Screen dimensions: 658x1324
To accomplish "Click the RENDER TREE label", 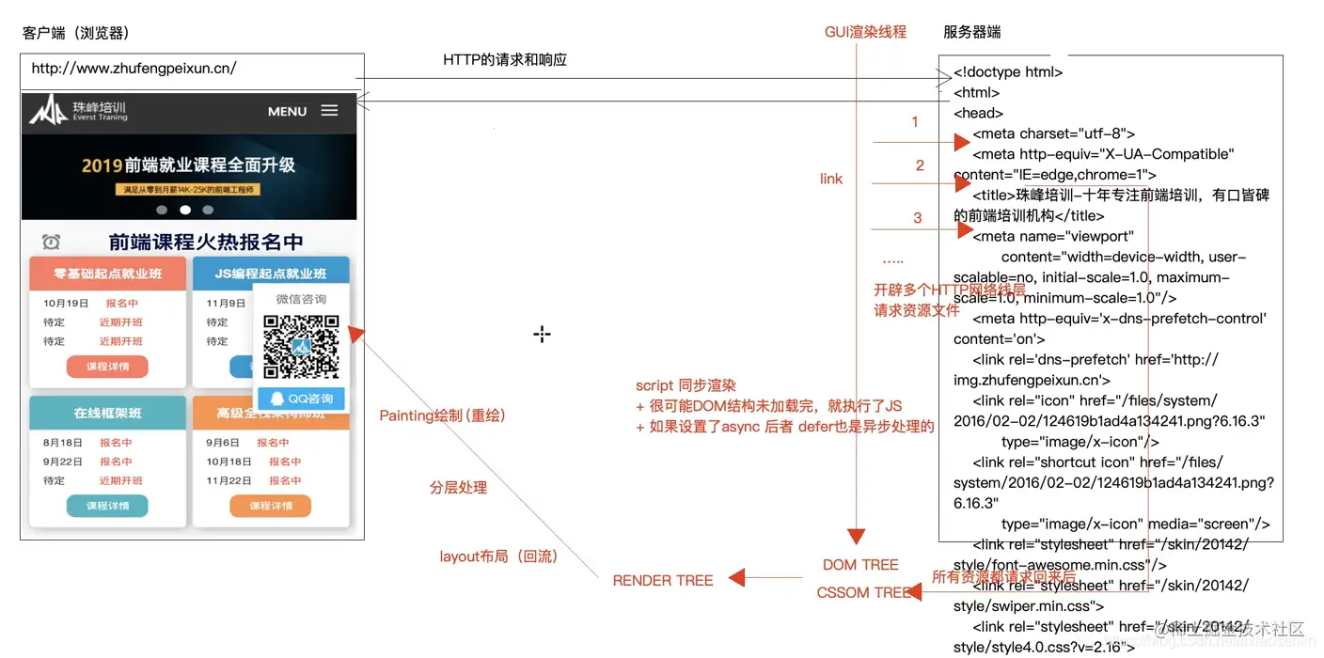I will pos(662,581).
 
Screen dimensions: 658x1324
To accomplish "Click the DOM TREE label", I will pos(859,565).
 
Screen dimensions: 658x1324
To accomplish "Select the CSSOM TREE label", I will pos(863,592).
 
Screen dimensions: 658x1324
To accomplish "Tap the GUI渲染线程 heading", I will pos(865,32).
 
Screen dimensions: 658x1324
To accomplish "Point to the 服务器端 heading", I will pos(971,32).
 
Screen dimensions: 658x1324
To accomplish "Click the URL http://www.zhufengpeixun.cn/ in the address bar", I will pos(134,69).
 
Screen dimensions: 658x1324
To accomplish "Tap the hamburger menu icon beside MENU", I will pos(329,111).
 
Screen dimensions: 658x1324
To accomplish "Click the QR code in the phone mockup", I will pos(301,347).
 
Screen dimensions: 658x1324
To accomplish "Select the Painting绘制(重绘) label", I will pos(442,415).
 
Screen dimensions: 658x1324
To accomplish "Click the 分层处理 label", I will pos(458,488).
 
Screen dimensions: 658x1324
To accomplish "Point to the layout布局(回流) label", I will pos(498,556).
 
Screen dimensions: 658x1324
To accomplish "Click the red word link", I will pos(831,179).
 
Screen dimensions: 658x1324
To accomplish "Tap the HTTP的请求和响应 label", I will pos(505,60).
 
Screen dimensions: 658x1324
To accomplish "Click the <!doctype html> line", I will pos(1008,71).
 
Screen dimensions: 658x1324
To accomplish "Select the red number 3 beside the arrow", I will pos(918,218).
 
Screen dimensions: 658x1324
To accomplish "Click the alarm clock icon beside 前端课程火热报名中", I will pos(51,242).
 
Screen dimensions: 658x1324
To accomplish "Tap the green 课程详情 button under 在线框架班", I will pos(107,506).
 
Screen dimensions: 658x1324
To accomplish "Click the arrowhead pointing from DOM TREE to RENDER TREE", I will pos(737,578).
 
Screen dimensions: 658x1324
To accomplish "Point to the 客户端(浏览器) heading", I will pos(75,33).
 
